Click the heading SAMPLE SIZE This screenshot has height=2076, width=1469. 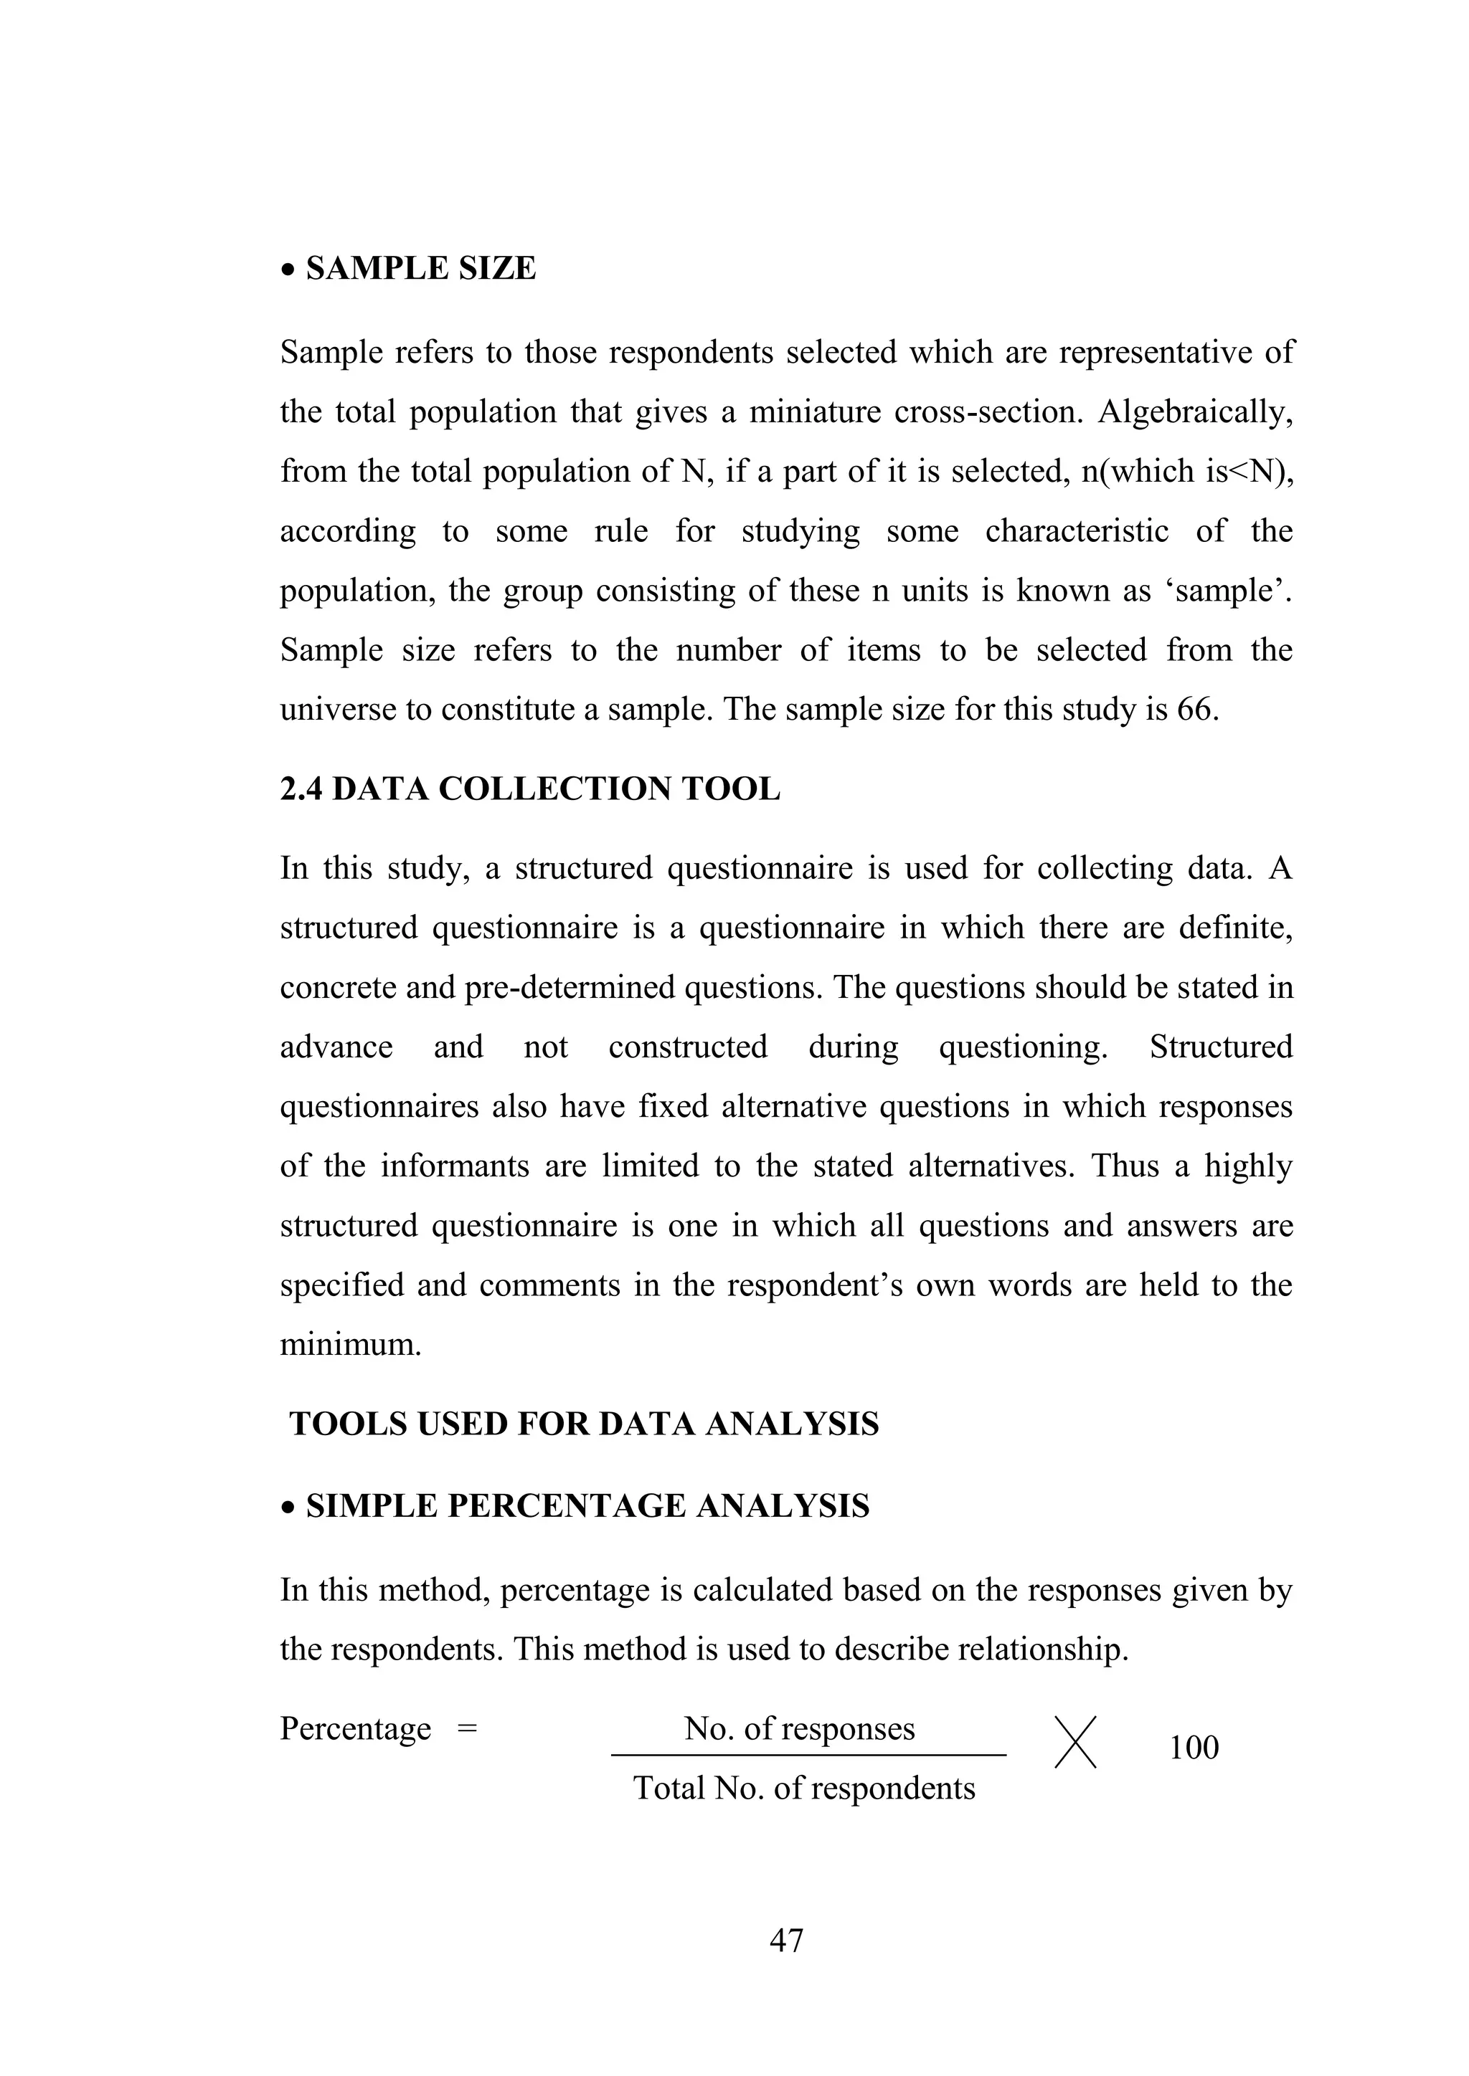tap(420, 269)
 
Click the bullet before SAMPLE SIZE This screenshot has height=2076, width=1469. tap(288, 270)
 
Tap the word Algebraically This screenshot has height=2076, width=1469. tap(1195, 411)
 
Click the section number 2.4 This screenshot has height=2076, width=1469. tap(301, 789)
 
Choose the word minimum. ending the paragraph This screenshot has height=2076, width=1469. tap(350, 1345)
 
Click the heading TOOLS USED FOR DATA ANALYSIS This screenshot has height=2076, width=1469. tap(583, 1424)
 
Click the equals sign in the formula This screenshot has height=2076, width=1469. tap(467, 1729)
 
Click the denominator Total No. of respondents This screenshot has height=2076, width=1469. tap(803, 1789)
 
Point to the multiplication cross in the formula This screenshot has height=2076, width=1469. tap(1075, 1743)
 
